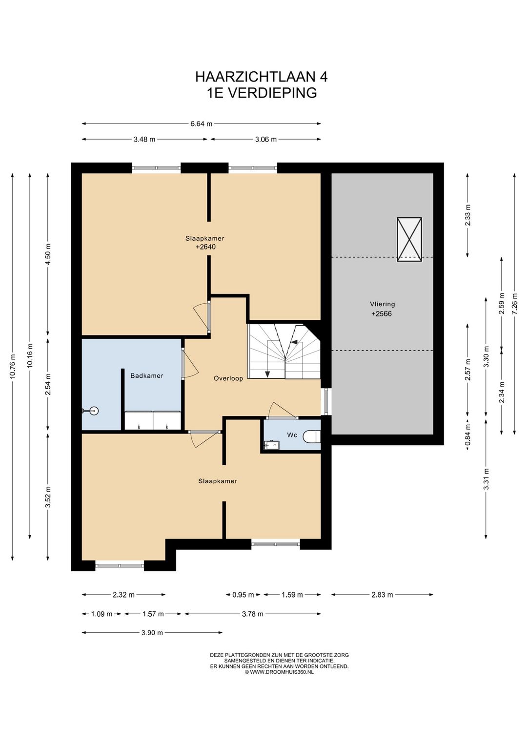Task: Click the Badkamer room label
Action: (146, 376)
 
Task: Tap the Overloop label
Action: (228, 378)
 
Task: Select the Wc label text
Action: (292, 435)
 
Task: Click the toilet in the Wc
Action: (312, 435)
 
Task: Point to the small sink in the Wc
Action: (272, 444)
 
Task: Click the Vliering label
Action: (383, 304)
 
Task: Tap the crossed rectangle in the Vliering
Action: (409, 239)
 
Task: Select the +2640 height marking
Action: (205, 247)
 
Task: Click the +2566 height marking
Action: (382, 313)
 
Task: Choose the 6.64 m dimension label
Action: (201, 124)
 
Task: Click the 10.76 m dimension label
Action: (13, 366)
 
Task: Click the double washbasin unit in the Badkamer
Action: (153, 420)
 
